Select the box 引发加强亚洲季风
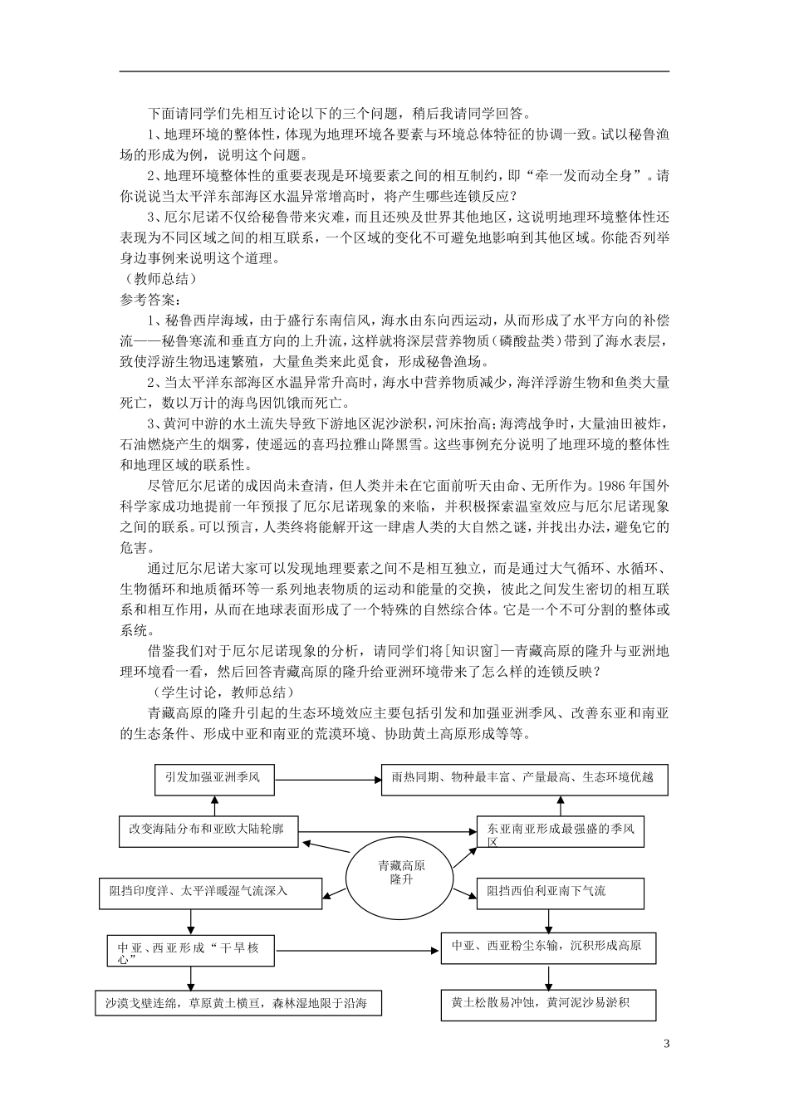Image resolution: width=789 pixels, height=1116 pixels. [x=214, y=778]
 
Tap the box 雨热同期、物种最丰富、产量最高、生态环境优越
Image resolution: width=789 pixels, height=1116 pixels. [x=524, y=779]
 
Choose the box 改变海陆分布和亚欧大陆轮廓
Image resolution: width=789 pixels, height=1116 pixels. [x=208, y=830]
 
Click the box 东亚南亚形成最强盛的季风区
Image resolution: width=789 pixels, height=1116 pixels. [x=560, y=832]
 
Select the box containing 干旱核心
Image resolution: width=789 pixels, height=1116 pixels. [x=191, y=952]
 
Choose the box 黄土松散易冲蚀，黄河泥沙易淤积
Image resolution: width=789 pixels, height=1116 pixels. [x=548, y=1004]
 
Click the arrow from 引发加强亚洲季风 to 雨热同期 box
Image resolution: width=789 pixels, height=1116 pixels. [x=327, y=778]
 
